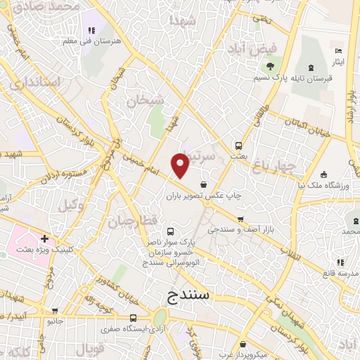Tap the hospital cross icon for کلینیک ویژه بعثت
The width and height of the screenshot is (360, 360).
[x=45, y=239]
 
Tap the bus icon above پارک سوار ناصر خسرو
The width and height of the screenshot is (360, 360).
[x=169, y=231]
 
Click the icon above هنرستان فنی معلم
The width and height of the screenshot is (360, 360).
[x=91, y=30]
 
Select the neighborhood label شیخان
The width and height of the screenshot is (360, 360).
[x=146, y=101]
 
